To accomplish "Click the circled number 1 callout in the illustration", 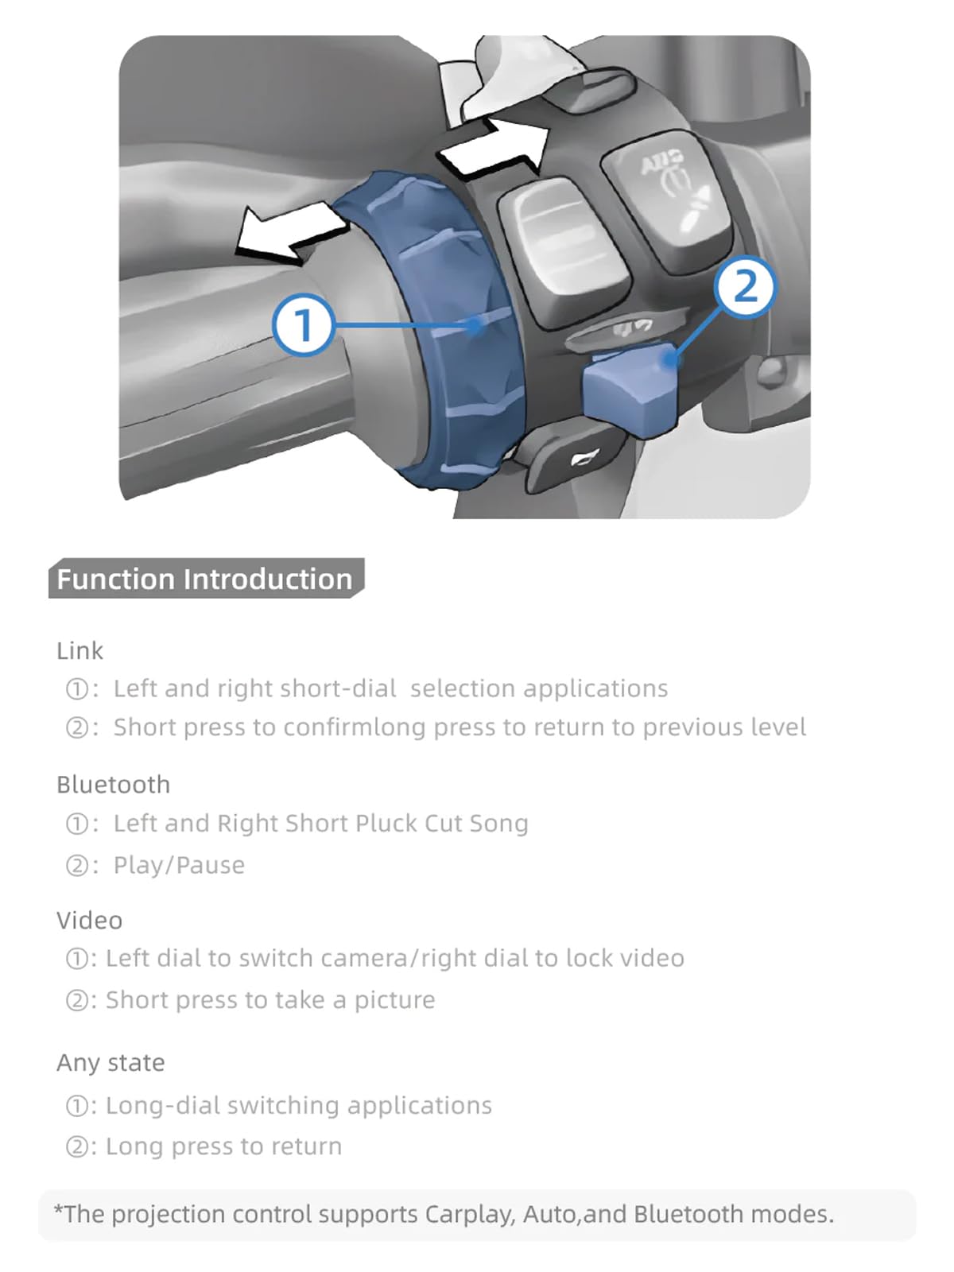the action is (302, 324).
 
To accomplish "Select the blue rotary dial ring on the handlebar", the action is (429, 330).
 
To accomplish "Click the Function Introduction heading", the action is (205, 578).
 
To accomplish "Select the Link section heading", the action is (79, 651).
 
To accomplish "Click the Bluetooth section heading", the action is (114, 785).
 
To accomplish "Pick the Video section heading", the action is (90, 921).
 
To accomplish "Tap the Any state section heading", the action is (111, 1064).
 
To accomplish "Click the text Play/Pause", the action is (179, 865).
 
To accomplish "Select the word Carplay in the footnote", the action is (470, 1214).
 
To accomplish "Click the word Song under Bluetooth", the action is (498, 824).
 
